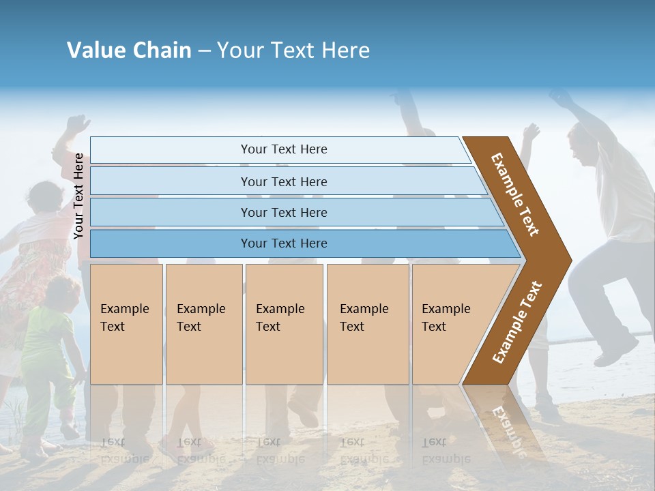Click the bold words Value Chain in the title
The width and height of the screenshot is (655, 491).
(x=129, y=50)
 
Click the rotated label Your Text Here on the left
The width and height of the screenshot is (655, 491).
(x=78, y=196)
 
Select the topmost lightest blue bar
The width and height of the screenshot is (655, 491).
(x=283, y=149)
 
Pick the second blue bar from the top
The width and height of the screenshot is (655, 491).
(x=283, y=181)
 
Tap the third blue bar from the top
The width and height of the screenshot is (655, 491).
(x=283, y=212)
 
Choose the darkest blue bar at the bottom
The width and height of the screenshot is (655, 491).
(x=283, y=243)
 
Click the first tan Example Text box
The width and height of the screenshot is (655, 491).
(x=126, y=324)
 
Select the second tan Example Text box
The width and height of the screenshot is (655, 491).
(x=203, y=324)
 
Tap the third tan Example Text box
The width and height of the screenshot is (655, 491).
(x=284, y=324)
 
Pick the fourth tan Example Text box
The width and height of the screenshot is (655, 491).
(x=367, y=324)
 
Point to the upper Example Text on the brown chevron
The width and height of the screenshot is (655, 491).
(x=515, y=194)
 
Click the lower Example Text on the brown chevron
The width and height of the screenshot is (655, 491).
(x=517, y=323)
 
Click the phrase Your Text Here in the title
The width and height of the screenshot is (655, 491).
(x=293, y=50)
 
